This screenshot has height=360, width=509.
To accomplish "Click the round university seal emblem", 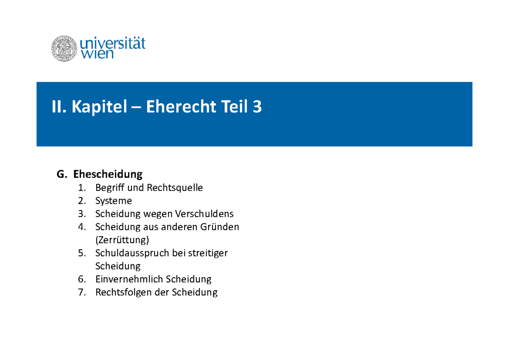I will pyautogui.click(x=64, y=48).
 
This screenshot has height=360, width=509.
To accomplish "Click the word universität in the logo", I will pyautogui.click(x=113, y=44).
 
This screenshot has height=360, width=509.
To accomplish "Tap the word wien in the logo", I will pyautogui.click(x=97, y=54).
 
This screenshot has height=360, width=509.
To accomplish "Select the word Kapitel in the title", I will pyautogui.click(x=99, y=107).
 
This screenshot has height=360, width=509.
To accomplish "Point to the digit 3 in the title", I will pyautogui.click(x=257, y=107).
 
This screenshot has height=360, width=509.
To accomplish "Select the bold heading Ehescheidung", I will pyautogui.click(x=108, y=174).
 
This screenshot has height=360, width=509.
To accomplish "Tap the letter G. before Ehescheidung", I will pyautogui.click(x=62, y=174).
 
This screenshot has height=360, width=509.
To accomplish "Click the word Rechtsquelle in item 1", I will pyautogui.click(x=175, y=188).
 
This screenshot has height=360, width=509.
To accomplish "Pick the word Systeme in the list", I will pyautogui.click(x=114, y=201).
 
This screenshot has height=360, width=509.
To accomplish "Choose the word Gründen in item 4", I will pyautogui.click(x=221, y=227).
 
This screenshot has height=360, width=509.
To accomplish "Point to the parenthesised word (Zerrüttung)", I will pyautogui.click(x=122, y=240).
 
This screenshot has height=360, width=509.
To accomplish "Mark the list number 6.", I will pyautogui.click(x=82, y=279).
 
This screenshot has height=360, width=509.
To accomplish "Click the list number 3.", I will pyautogui.click(x=82, y=214).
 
